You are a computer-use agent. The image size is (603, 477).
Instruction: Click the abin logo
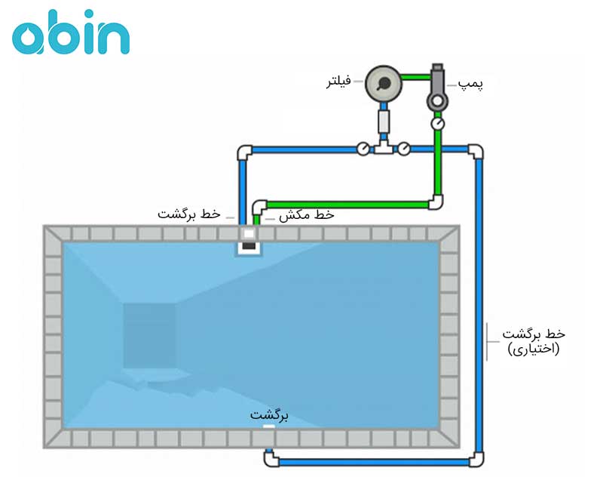71,34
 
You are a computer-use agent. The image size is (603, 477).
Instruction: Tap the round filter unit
383,85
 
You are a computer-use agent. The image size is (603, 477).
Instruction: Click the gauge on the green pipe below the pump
438,122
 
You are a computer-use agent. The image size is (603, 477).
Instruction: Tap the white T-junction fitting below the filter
384,148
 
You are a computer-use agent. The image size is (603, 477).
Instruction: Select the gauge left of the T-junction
363,149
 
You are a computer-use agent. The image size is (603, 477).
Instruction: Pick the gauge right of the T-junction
405,149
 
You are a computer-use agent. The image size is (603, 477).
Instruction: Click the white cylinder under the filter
384,121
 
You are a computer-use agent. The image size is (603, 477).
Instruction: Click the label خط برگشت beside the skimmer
189,214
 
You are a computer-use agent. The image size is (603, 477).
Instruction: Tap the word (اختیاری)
533,349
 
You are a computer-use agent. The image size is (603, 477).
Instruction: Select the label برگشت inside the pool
270,415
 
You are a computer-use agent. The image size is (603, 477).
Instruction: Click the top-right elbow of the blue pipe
476,152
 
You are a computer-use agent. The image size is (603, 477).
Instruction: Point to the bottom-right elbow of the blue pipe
476,458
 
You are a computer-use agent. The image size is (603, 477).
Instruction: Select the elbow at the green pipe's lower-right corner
436,202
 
